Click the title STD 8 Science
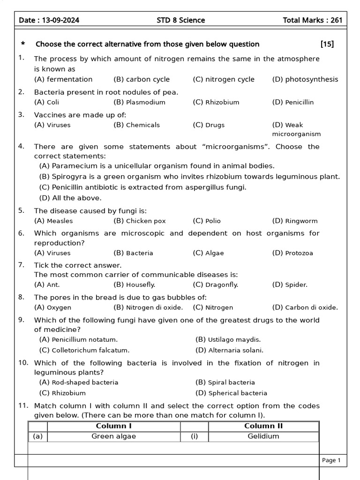tap(180, 20)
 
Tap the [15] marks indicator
tap(327, 44)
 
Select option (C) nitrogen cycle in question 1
tap(224, 79)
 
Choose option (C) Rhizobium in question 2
tap(216, 102)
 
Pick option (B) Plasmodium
tap(139, 102)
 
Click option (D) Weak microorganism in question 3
tap(296, 129)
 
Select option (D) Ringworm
tap(295, 221)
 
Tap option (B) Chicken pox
tap(140, 221)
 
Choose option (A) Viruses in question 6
tap(52, 253)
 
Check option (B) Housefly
tap(135, 285)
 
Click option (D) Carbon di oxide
tap(305, 307)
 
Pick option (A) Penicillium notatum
tap(79, 339)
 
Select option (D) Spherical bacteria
tap(231, 393)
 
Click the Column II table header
tap(263, 426)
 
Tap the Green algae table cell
tap(113, 436)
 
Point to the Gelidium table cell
tap(263, 436)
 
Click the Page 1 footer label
tap(331, 460)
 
